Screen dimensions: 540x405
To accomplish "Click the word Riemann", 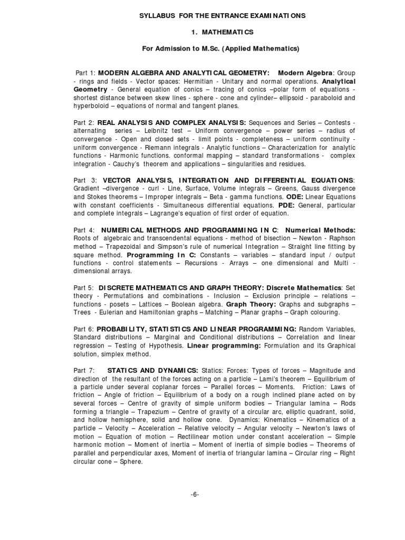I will pyautogui.click(x=159, y=147).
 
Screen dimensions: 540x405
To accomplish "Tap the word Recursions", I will pyautogui.click(x=203, y=263).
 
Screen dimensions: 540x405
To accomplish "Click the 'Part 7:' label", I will pyautogui.click(x=84, y=370).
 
